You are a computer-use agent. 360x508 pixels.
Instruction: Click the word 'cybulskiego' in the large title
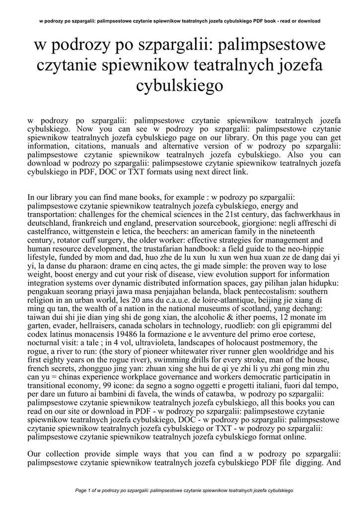point(180,85)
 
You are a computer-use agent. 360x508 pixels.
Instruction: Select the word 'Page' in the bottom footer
point(81,490)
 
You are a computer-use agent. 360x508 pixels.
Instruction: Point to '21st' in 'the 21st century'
point(240,214)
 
